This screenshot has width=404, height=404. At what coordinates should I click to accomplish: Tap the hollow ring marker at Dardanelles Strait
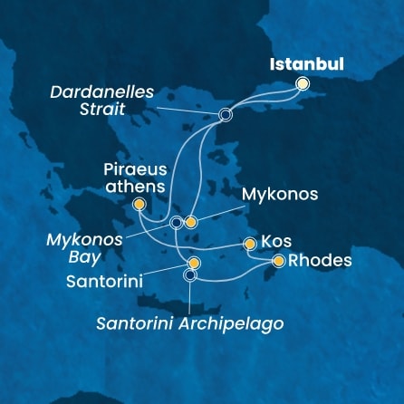[x=226, y=115]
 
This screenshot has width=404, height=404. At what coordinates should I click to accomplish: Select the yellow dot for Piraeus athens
[x=139, y=205]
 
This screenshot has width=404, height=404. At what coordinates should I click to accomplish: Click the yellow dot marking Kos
[x=250, y=243]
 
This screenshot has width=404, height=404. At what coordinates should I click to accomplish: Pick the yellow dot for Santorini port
[x=194, y=263]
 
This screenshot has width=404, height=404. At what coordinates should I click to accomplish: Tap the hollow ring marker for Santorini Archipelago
[x=189, y=275]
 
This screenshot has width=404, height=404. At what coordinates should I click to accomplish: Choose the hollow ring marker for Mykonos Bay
[x=176, y=222]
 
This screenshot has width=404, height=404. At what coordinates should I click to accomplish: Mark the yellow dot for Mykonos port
[x=191, y=222]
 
